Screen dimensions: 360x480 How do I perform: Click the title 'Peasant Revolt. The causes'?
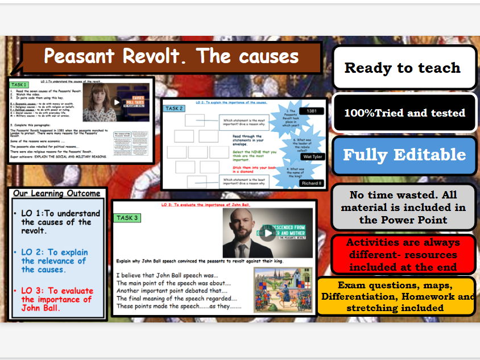[x=171, y=56]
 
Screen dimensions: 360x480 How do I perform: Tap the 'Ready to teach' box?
[x=403, y=68]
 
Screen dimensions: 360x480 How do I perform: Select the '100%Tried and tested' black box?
[x=404, y=113]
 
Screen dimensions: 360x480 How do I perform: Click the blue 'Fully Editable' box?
[x=404, y=155]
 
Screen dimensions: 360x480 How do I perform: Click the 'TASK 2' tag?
[x=174, y=108]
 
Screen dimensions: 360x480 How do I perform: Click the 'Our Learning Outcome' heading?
[x=57, y=193]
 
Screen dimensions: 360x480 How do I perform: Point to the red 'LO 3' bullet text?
[x=56, y=300]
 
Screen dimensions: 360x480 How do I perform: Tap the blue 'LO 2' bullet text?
[x=54, y=260]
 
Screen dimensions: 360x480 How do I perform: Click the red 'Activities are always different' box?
[x=403, y=255]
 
